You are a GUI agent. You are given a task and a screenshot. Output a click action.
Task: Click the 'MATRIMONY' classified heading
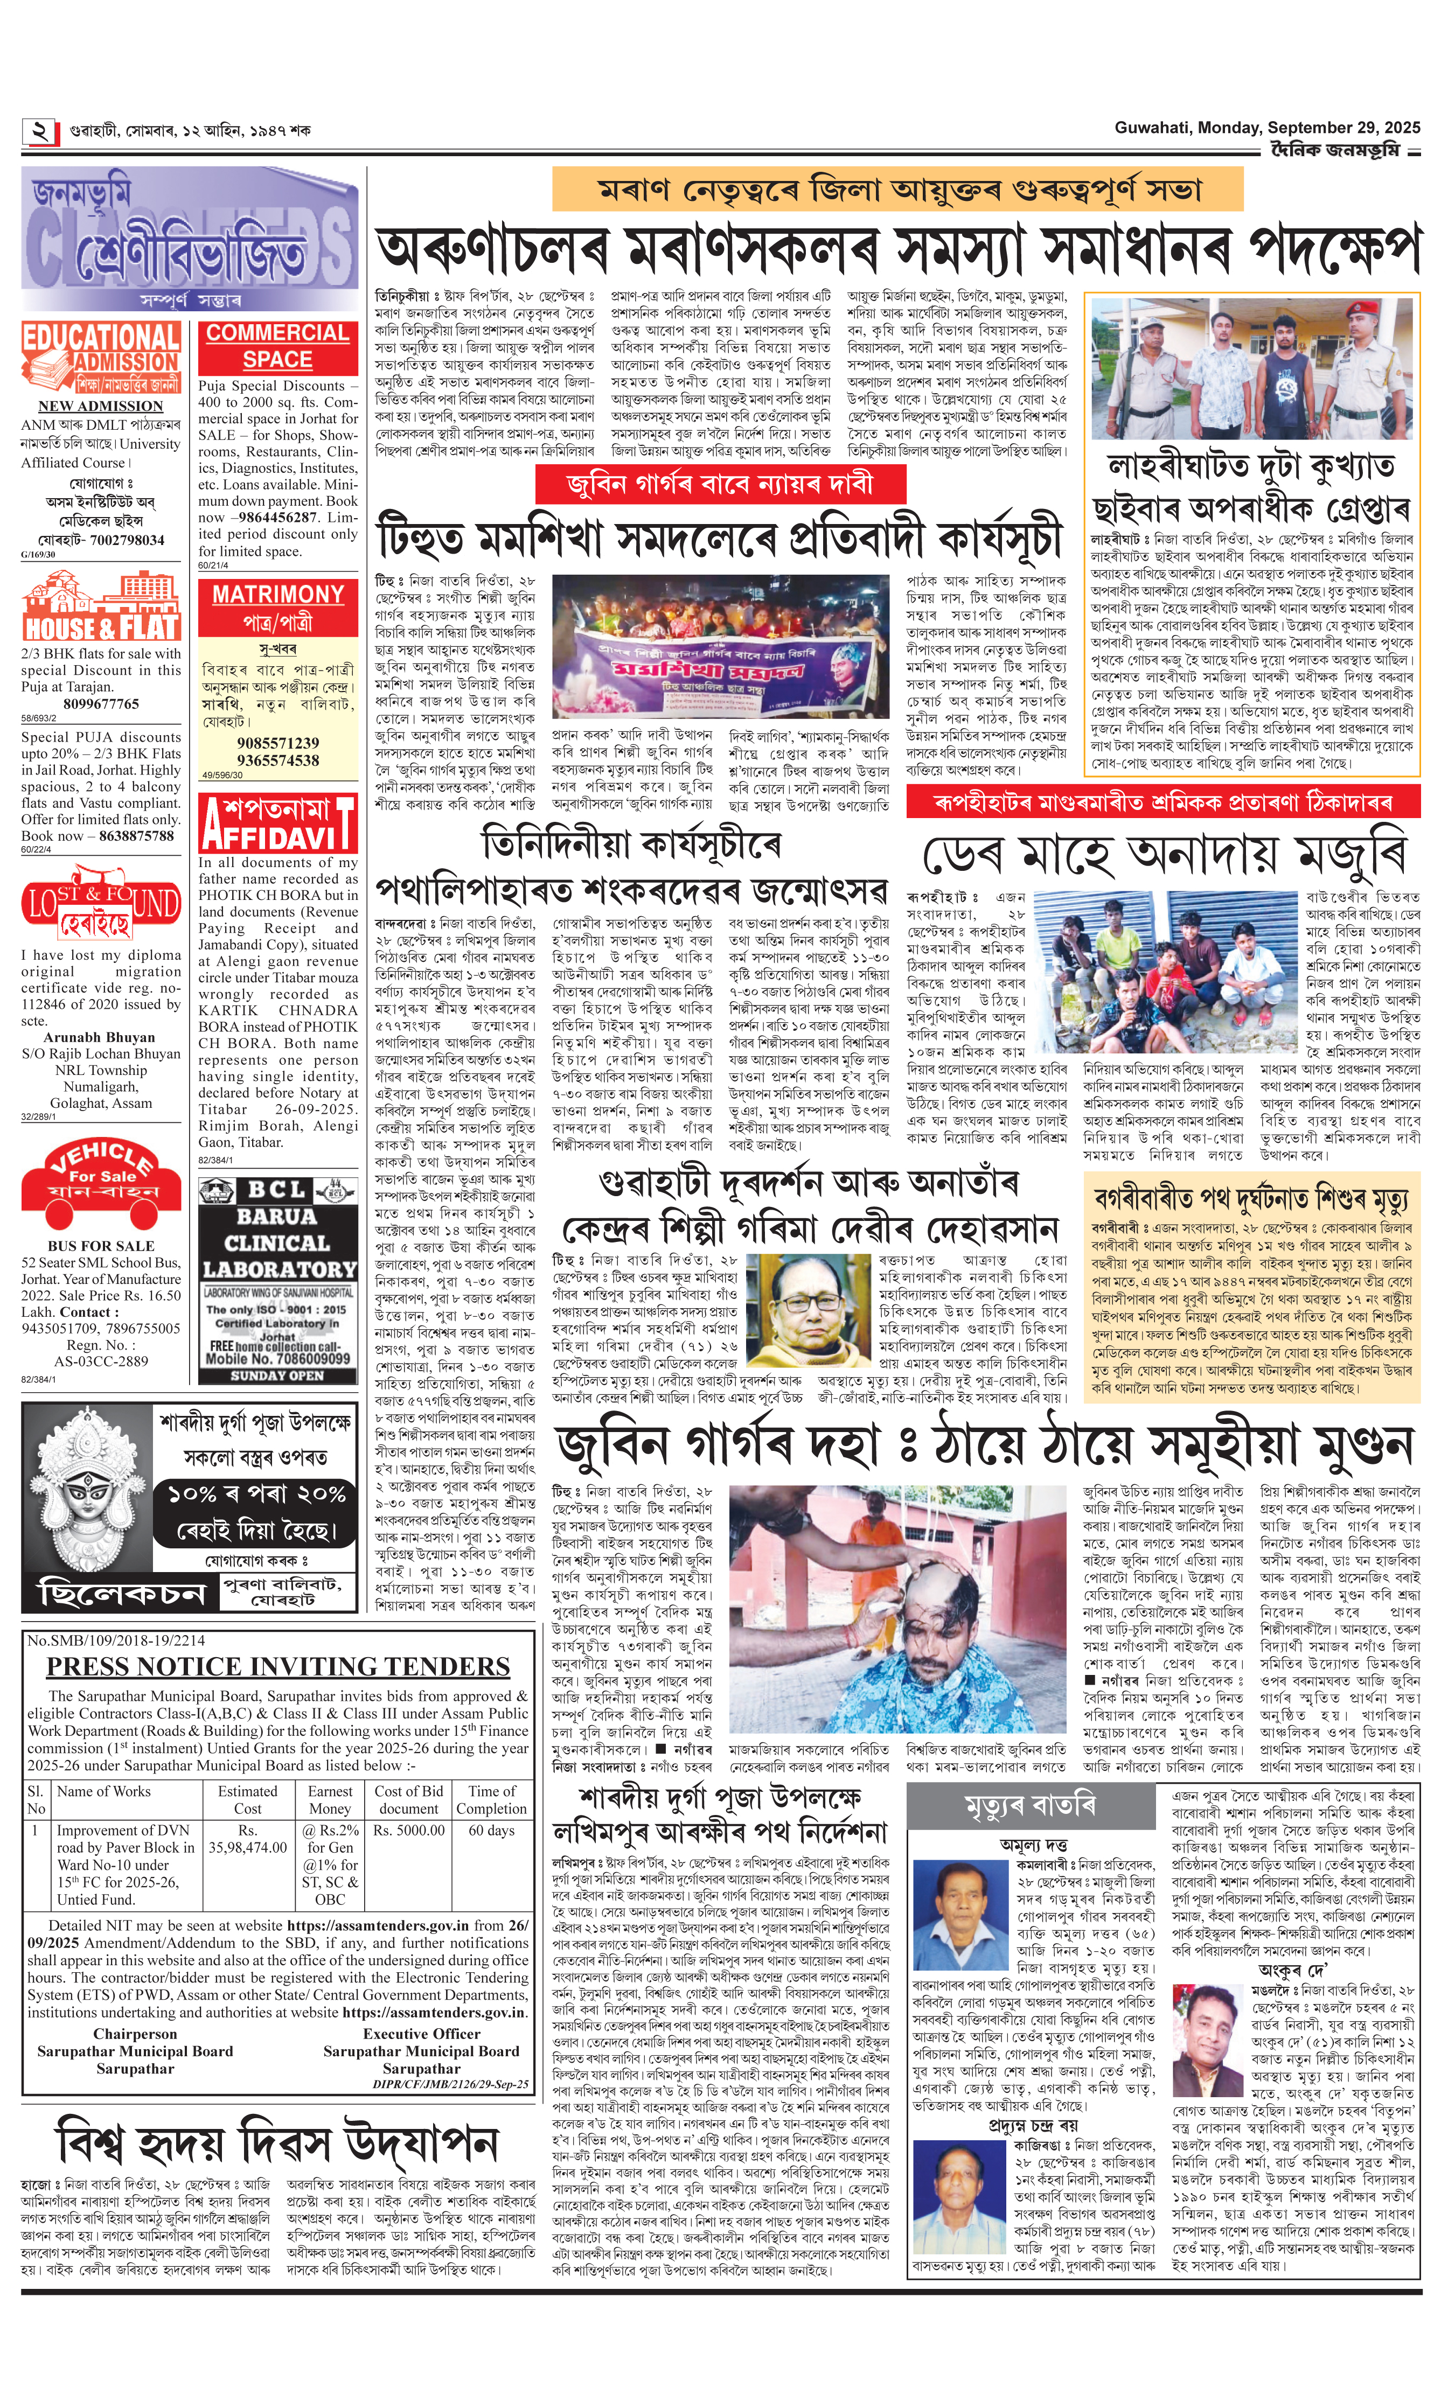(x=278, y=594)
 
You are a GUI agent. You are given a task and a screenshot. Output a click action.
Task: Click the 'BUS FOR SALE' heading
(x=101, y=1246)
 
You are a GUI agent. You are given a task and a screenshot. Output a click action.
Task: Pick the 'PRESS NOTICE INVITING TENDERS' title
(x=278, y=1666)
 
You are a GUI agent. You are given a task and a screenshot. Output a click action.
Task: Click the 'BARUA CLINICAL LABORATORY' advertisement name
(x=278, y=1242)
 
